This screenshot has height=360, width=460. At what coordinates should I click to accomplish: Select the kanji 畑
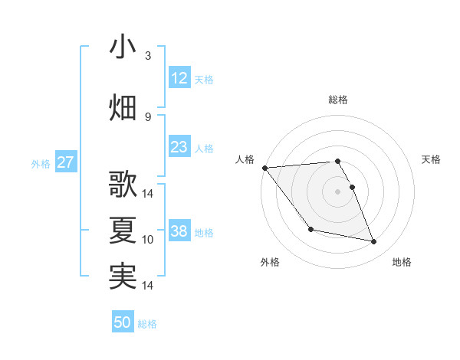123,107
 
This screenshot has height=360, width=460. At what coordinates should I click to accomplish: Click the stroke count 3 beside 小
148,56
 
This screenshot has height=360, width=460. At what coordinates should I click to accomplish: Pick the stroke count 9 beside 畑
148,116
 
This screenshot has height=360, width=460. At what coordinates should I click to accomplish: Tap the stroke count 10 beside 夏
148,240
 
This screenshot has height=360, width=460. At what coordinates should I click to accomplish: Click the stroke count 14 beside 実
148,286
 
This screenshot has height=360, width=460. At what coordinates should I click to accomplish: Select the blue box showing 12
179,78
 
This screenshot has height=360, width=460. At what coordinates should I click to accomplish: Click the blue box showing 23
179,147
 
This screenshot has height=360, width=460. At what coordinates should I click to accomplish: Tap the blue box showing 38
179,231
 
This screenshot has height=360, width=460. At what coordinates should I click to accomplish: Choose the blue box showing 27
65,162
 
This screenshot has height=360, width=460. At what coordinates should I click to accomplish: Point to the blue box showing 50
123,322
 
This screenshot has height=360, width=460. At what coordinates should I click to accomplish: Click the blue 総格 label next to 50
147,324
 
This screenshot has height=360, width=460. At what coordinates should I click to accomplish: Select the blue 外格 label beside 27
41,164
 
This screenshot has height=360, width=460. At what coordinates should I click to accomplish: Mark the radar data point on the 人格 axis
264,168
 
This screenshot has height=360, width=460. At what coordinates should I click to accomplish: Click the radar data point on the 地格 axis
374,242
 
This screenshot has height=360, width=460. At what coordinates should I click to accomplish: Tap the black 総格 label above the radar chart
338,100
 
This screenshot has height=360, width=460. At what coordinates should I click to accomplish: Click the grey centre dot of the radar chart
338,191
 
